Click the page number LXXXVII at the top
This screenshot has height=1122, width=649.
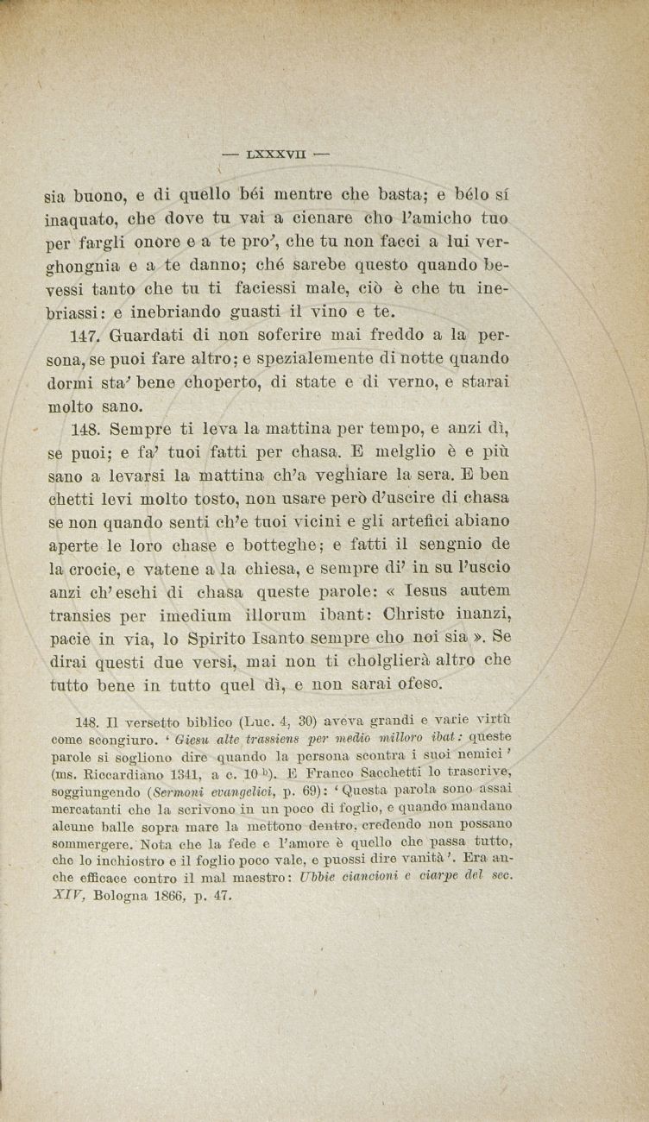tap(275, 156)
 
